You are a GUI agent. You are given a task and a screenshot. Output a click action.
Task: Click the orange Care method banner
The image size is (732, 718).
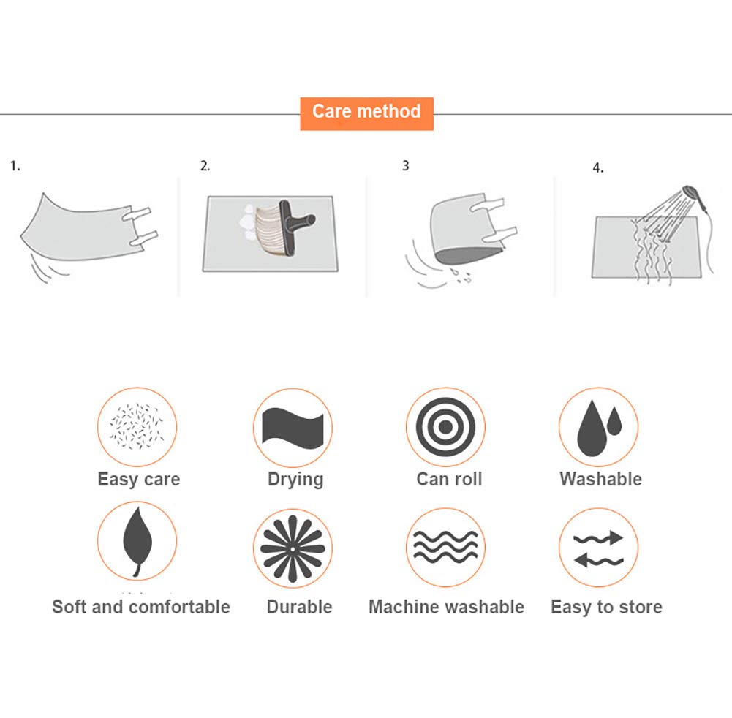pyautogui.click(x=366, y=113)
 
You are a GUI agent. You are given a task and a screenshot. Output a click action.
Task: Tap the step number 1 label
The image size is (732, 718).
pyautogui.click(x=15, y=166)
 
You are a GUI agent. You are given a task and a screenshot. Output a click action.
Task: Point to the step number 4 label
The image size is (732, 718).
pyautogui.click(x=598, y=167)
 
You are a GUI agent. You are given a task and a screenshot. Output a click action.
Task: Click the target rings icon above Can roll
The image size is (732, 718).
pyautogui.click(x=445, y=426)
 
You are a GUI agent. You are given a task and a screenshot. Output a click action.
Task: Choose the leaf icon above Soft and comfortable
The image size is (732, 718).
pyautogui.click(x=137, y=542)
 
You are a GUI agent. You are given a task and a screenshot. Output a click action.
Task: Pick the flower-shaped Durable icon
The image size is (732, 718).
pyautogui.click(x=293, y=548)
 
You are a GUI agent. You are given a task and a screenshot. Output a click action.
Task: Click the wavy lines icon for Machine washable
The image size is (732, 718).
pyautogui.click(x=446, y=546)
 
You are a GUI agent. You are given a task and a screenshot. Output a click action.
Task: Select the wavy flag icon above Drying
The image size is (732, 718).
pyautogui.click(x=293, y=427)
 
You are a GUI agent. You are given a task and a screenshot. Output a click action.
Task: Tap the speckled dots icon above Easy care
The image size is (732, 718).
pyautogui.click(x=137, y=426)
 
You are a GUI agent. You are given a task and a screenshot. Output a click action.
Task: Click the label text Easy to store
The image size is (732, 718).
pyautogui.click(x=606, y=607)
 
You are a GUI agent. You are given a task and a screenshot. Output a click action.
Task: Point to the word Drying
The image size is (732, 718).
pyautogui.click(x=295, y=480)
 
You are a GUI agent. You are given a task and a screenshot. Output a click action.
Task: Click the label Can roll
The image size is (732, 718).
pyautogui.click(x=449, y=479)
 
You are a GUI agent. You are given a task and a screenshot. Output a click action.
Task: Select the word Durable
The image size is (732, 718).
pyautogui.click(x=299, y=607)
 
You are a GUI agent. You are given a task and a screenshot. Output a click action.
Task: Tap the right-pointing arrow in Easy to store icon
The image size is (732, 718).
pyautogui.click(x=598, y=538)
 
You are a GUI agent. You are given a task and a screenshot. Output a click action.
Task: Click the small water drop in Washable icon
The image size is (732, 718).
pyautogui.click(x=614, y=420)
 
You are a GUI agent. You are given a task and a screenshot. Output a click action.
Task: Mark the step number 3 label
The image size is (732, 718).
pyautogui.click(x=406, y=165)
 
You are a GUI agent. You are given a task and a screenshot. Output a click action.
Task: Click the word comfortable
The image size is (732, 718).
pyautogui.click(x=179, y=607)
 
